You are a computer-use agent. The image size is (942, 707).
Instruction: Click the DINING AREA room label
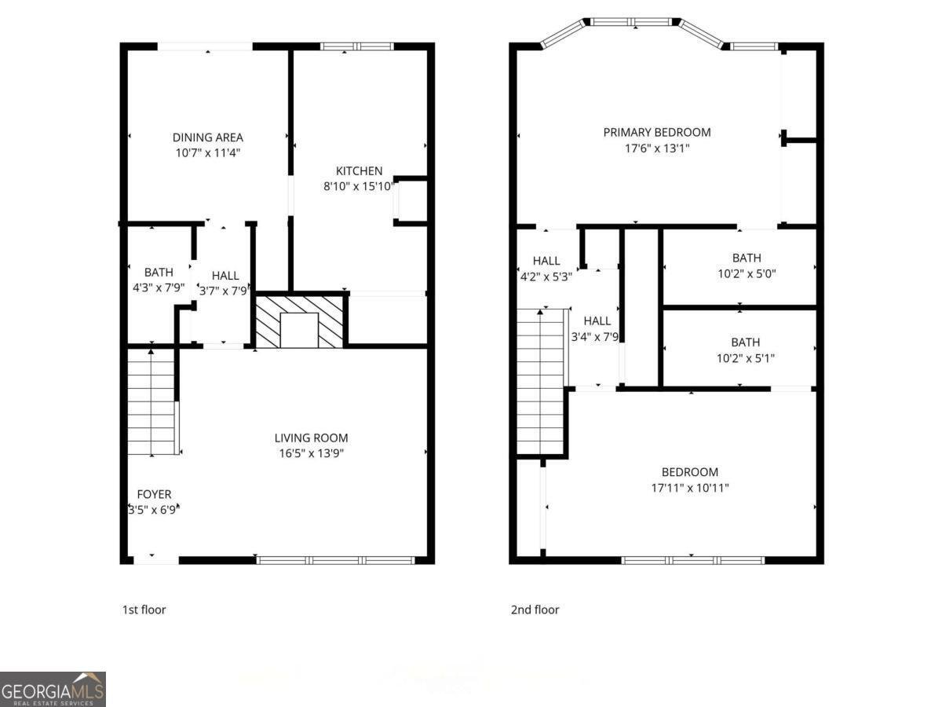pyautogui.click(x=207, y=137)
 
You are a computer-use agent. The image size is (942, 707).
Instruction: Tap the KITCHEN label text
pyautogui.click(x=359, y=171)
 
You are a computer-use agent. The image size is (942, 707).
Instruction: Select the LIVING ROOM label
pyautogui.click(x=311, y=438)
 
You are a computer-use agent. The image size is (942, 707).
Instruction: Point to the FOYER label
pyautogui.click(x=154, y=494)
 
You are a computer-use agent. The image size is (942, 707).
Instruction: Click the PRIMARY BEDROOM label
pyautogui.click(x=656, y=132)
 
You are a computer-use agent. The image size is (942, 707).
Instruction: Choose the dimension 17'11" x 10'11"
pyautogui.click(x=690, y=488)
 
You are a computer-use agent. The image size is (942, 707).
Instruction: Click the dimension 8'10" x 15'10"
pyautogui.click(x=359, y=187)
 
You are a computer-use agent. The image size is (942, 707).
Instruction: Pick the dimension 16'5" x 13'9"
pyautogui.click(x=311, y=453)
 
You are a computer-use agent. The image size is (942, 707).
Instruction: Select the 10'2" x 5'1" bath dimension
pyautogui.click(x=746, y=358)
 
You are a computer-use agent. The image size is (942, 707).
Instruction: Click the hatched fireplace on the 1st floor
pyautogui.click(x=300, y=321)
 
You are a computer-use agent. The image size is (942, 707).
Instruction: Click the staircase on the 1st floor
pyautogui.click(x=152, y=402)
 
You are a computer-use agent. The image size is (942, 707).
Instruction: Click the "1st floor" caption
pyautogui.click(x=144, y=610)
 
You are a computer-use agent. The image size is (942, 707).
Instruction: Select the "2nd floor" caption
pyautogui.click(x=535, y=610)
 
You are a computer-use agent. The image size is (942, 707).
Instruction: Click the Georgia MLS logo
pyautogui.click(x=53, y=689)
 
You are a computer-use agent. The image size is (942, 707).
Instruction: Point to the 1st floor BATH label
pyautogui.click(x=159, y=272)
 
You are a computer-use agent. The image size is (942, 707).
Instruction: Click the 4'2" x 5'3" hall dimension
pyautogui.click(x=546, y=277)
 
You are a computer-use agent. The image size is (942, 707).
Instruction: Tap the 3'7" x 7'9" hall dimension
pyautogui.click(x=225, y=291)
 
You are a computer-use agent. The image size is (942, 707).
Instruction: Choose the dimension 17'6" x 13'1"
pyautogui.click(x=656, y=148)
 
